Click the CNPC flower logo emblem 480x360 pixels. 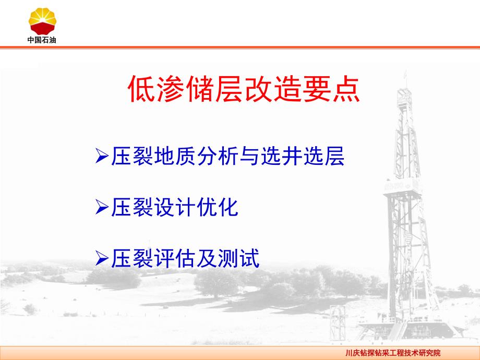pos(42,21)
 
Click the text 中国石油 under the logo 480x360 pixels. pos(42,40)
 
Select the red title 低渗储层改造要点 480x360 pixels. pos(244,89)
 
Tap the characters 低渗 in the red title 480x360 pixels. pos(156,89)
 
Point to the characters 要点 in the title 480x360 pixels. pos(332,89)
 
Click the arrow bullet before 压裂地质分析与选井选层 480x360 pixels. pos(102,156)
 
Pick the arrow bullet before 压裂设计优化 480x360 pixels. pos(102,207)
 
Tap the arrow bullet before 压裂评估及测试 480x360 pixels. pos(102,258)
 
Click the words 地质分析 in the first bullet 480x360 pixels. pos(197,156)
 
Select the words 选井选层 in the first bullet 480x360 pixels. pos(303,156)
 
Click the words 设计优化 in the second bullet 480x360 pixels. pos(196,207)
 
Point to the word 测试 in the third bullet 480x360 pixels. pos(239,259)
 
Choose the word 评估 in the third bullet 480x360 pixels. pos(175,259)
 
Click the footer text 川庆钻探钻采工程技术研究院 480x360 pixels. pos(393,353)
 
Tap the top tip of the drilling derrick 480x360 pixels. pos(406,71)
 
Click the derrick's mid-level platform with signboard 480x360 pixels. pos(402,187)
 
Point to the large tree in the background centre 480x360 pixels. pos(217,283)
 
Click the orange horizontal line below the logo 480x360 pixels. pos(240,47)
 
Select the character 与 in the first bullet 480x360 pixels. pos(250,156)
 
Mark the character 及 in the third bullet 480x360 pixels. pos(207,259)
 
